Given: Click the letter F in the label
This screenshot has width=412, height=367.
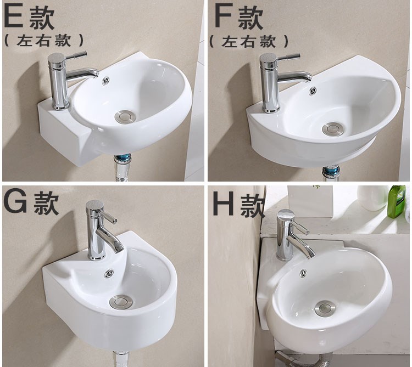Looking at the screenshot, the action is pos(224,15).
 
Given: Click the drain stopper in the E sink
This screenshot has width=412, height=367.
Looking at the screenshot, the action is pos(125,117).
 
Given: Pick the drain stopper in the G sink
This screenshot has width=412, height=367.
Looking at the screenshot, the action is pos(121,301).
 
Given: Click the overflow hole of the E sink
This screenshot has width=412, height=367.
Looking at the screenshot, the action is pos(106,80).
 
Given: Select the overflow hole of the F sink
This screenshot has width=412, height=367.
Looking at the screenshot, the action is pos(313,91).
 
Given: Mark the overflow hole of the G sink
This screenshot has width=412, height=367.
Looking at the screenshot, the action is pos(109,273).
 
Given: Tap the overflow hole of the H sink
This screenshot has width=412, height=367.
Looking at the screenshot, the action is pos(303,273).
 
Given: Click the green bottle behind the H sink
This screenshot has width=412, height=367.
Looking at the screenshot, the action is pos(397,201).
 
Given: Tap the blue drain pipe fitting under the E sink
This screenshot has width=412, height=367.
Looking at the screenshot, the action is pos(123,160).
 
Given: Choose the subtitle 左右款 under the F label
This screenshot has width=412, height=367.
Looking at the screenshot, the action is pos(248,42).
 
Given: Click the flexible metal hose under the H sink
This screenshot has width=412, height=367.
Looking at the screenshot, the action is pos(299,359).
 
